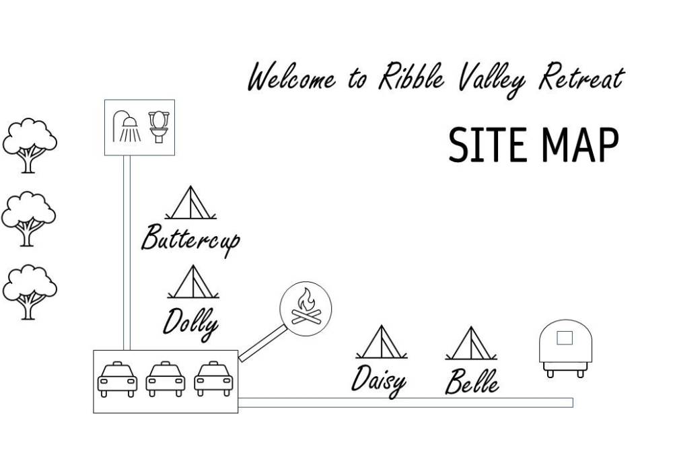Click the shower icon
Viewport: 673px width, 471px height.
[128, 126]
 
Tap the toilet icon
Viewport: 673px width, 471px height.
[158, 126]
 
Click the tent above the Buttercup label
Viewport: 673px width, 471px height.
[190, 203]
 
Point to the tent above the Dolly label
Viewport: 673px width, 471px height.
[192, 282]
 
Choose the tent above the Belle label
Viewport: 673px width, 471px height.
[471, 343]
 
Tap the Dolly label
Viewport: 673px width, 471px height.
[191, 322]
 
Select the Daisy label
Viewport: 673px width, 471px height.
[379, 379]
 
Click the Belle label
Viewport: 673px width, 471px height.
[472, 382]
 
